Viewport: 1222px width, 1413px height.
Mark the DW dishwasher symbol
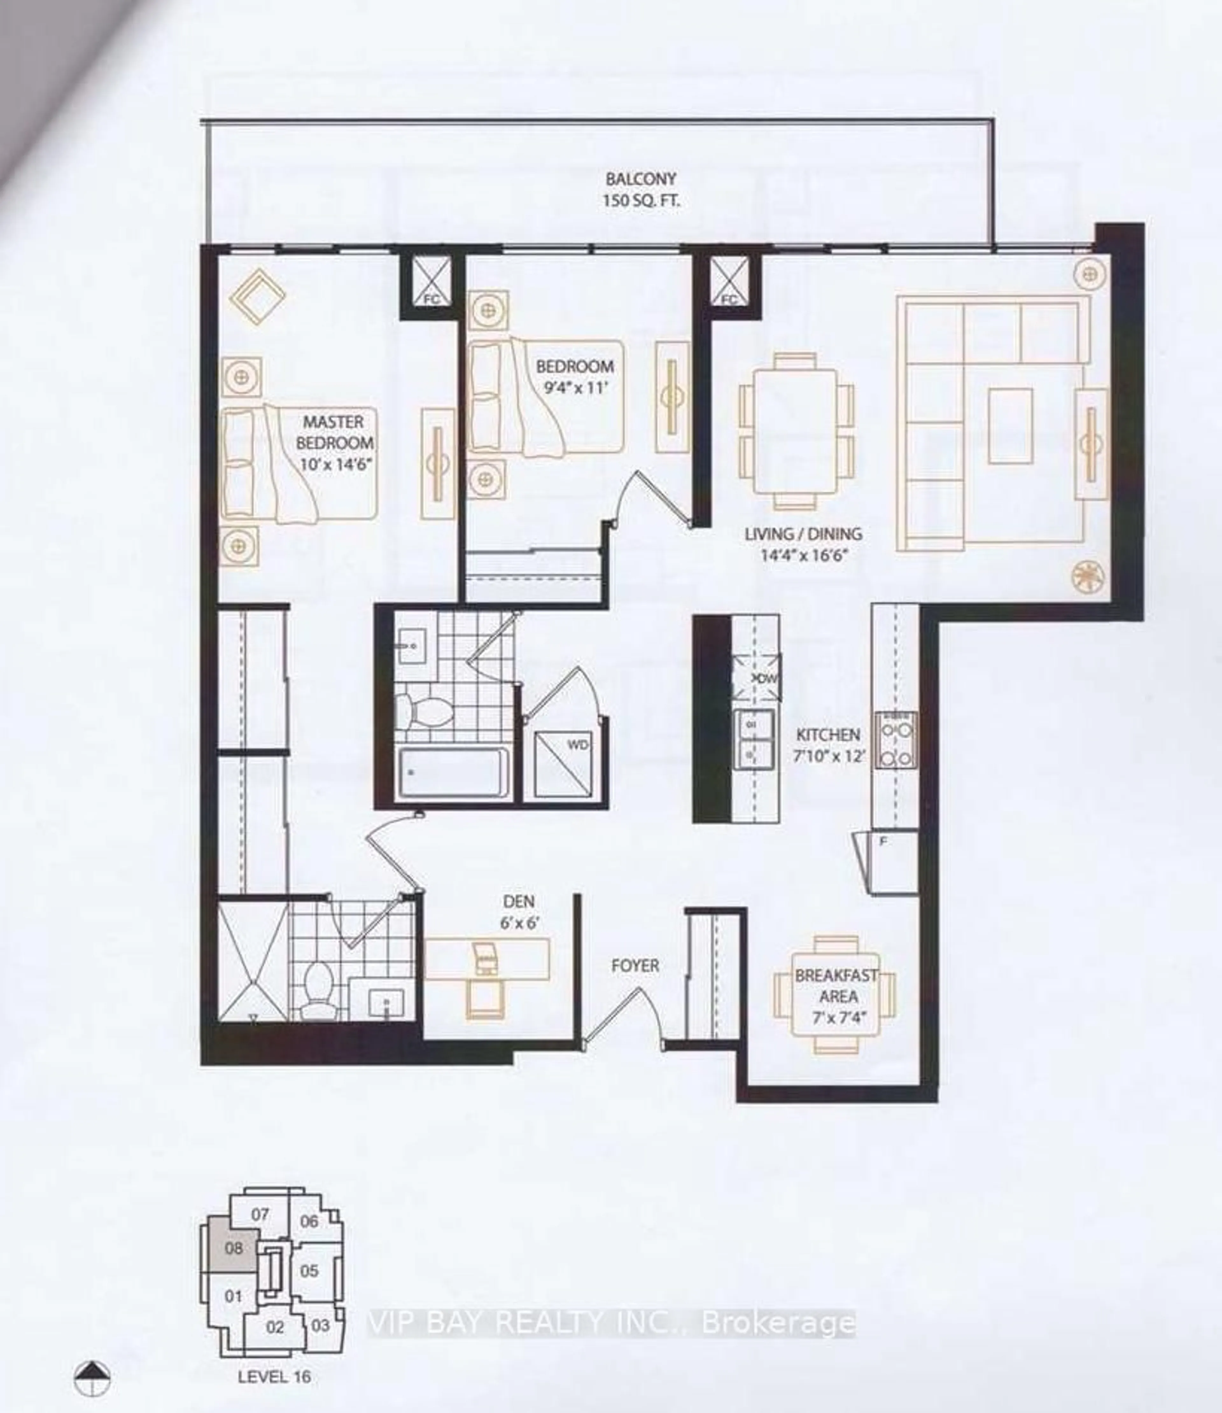(755, 678)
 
